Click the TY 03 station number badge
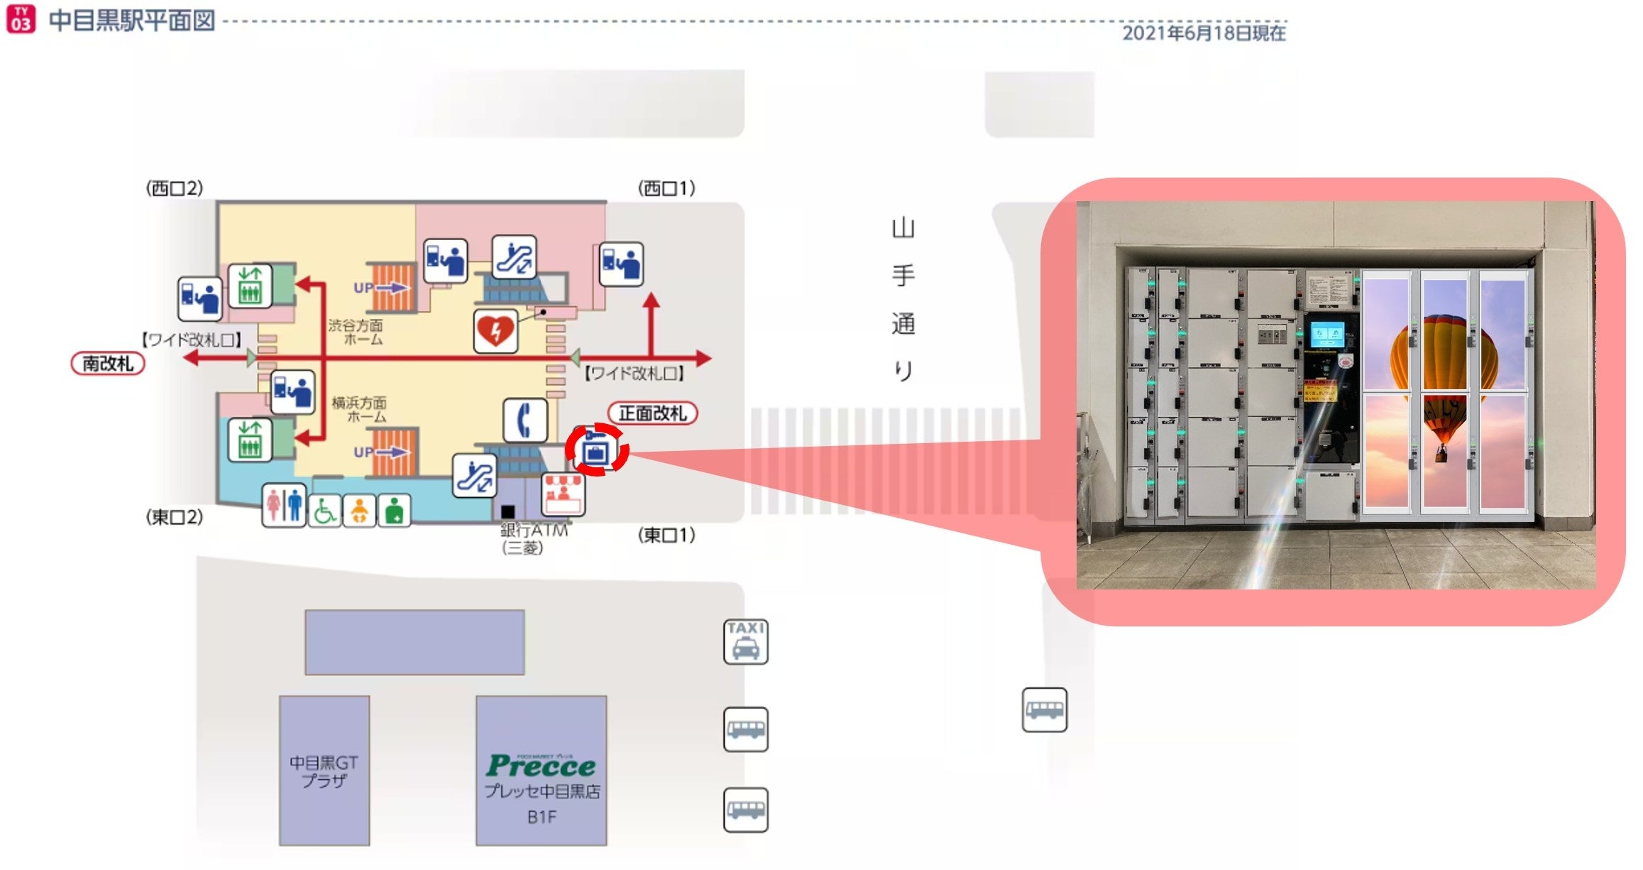tap(21, 19)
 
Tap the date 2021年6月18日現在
tap(1203, 33)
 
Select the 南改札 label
tap(108, 364)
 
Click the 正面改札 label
tap(652, 413)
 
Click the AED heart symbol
tap(495, 331)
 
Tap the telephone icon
tap(525, 420)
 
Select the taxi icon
tap(745, 641)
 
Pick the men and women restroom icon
tap(284, 506)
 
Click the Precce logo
tap(541, 765)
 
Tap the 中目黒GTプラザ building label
tap(324, 771)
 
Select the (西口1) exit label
tap(666, 188)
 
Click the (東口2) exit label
tap(175, 517)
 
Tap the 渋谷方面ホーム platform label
tap(356, 332)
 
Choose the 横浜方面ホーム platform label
tap(359, 409)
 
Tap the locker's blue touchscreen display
tap(1326, 333)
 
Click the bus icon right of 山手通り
tap(1044, 709)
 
